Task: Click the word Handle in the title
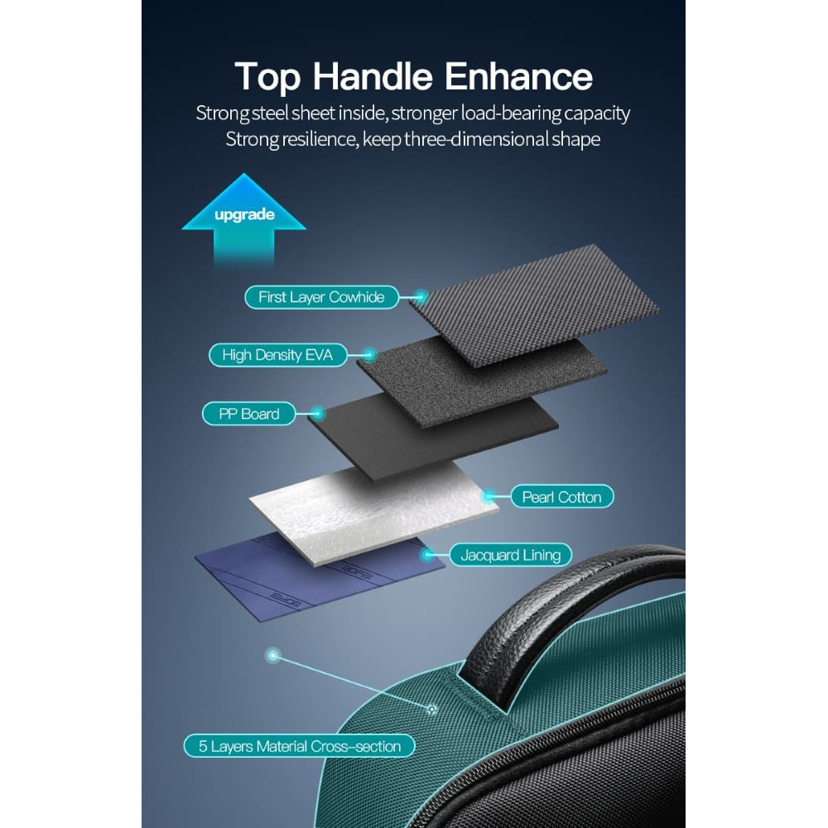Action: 373,76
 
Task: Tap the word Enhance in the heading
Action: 518,76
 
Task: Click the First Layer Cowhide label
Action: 321,296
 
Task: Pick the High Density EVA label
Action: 277,355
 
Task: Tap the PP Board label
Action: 248,414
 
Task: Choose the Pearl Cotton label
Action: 562,497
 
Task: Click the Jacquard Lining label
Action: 511,555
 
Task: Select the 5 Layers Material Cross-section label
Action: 300,746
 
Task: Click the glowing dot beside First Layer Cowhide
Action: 421,296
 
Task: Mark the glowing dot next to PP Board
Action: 317,413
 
